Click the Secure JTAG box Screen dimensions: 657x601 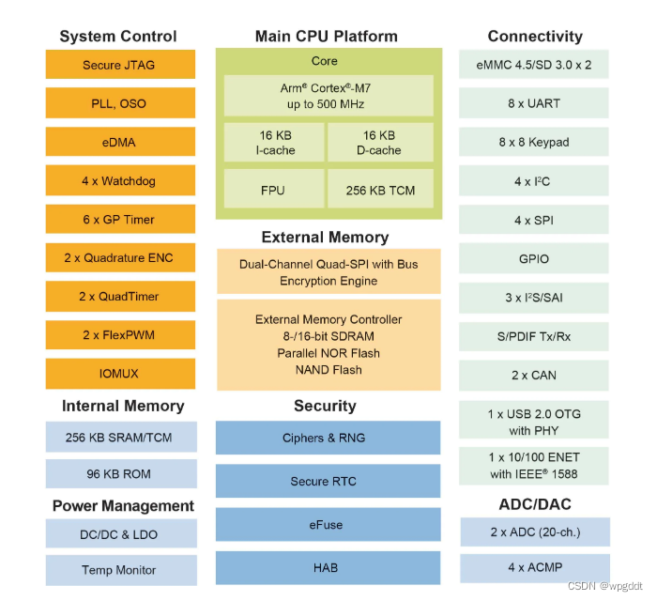click(120, 65)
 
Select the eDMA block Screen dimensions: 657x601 click(120, 142)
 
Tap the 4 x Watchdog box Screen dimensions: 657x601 click(120, 180)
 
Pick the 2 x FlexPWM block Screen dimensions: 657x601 click(120, 334)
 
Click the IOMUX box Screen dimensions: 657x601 click(120, 373)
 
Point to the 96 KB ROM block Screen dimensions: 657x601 click(120, 474)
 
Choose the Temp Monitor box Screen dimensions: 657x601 click(120, 569)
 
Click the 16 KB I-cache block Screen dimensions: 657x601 click(275, 142)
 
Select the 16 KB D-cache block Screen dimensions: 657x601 click(380, 142)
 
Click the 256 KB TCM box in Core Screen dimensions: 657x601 click(380, 190)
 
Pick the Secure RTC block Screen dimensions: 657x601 click(328, 481)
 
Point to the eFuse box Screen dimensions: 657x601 click(328, 525)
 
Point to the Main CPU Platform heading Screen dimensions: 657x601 click(327, 36)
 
